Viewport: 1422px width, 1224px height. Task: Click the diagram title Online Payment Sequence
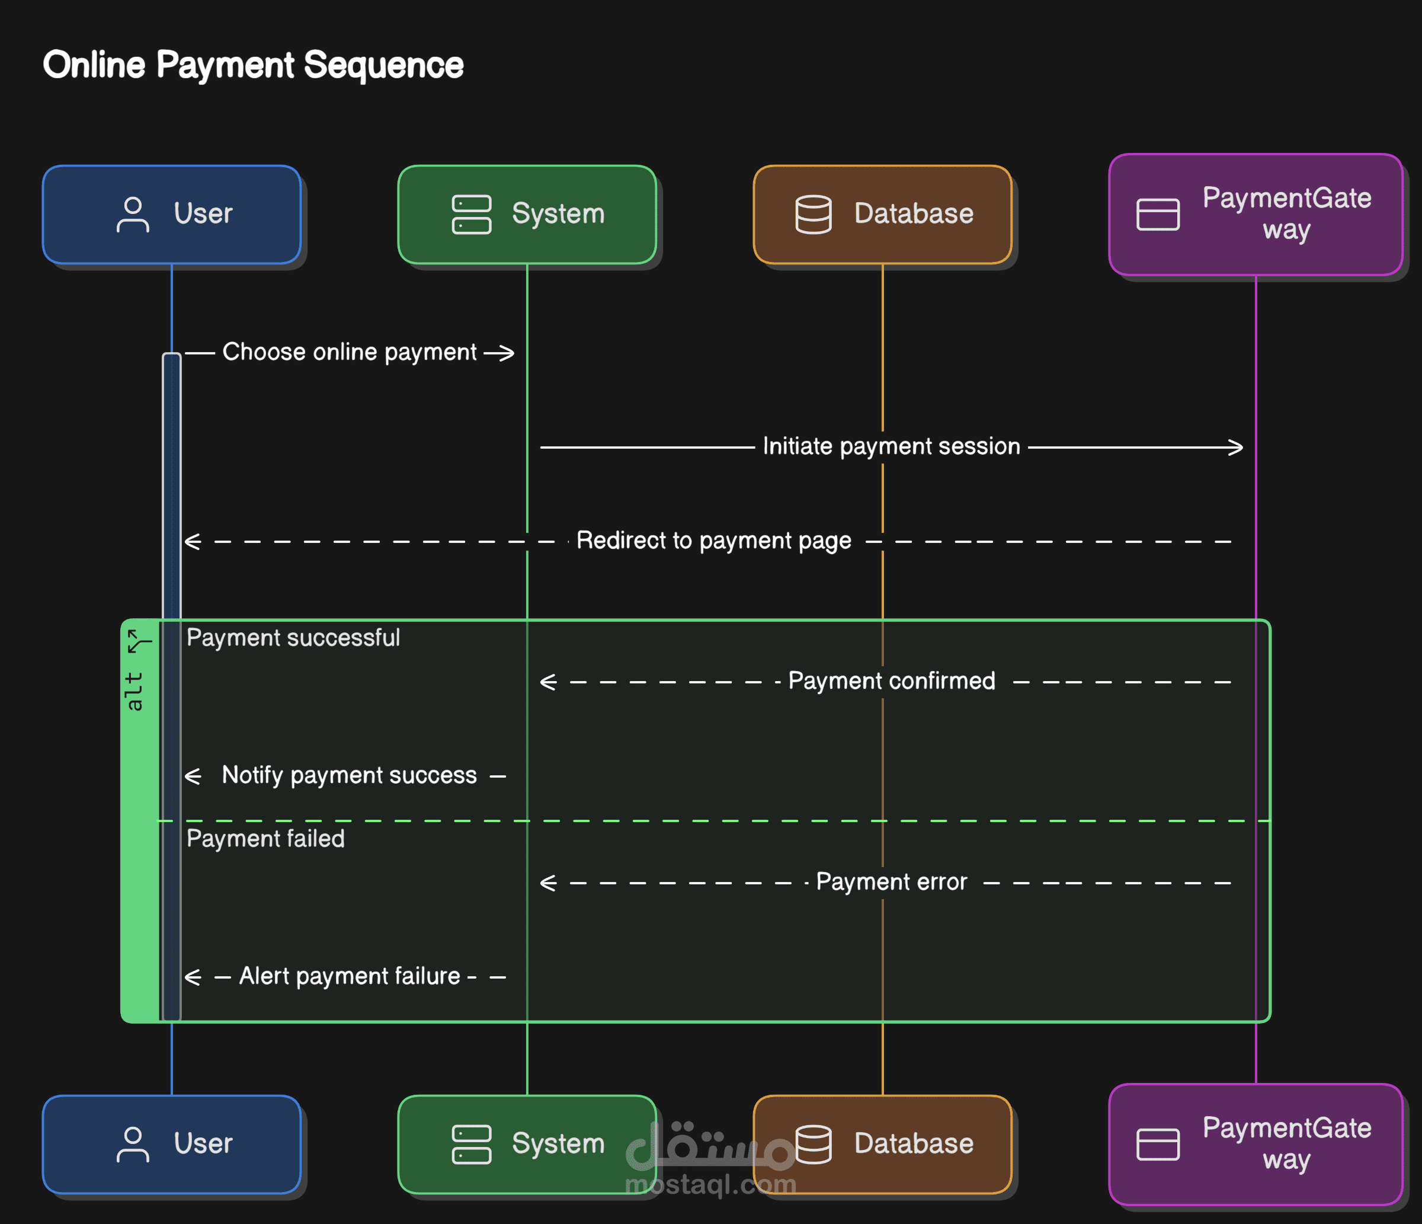click(x=253, y=66)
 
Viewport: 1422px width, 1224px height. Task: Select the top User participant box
click(x=172, y=214)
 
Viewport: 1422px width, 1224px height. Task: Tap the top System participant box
click(x=527, y=214)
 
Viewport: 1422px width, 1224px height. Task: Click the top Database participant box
click(x=883, y=214)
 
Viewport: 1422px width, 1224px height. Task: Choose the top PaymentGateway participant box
click(x=1256, y=214)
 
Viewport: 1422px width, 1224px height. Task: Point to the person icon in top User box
click(x=133, y=215)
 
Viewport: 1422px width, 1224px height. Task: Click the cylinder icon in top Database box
click(x=814, y=215)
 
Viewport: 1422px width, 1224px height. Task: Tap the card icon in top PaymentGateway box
click(x=1158, y=215)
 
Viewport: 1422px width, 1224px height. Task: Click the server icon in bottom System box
click(x=472, y=1145)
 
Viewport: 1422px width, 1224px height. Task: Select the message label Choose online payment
click(x=350, y=352)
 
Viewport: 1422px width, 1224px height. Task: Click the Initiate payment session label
click(x=892, y=446)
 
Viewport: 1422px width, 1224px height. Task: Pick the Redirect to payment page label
click(x=714, y=541)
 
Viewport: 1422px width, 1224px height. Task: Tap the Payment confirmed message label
click(x=892, y=681)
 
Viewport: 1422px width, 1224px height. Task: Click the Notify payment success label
click(x=350, y=776)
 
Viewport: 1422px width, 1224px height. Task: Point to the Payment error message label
click(x=892, y=881)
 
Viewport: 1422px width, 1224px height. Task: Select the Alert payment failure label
click(x=350, y=976)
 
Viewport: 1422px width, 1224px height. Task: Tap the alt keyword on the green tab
click(x=134, y=691)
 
